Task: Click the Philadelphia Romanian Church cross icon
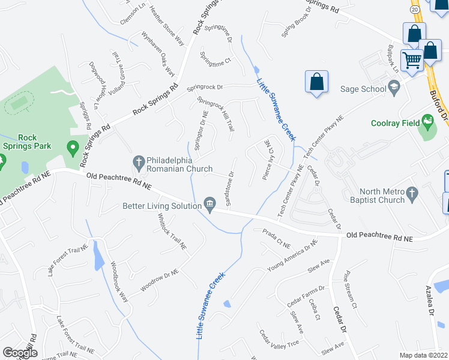[137, 161]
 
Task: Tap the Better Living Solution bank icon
[209, 205]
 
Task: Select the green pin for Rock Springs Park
[73, 147]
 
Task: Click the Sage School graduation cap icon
[394, 89]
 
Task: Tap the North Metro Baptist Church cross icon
[411, 193]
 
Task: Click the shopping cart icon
[412, 60]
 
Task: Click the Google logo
[20, 353]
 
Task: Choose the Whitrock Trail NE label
[169, 231]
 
